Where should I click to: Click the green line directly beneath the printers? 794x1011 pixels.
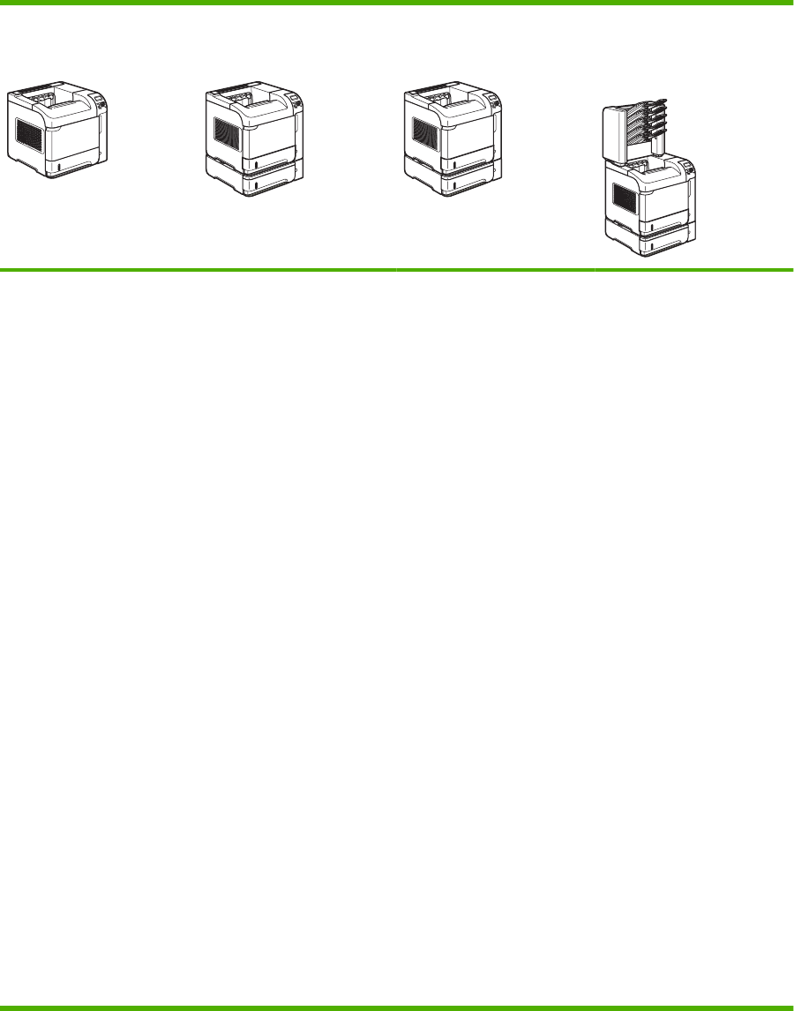tap(397, 269)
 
